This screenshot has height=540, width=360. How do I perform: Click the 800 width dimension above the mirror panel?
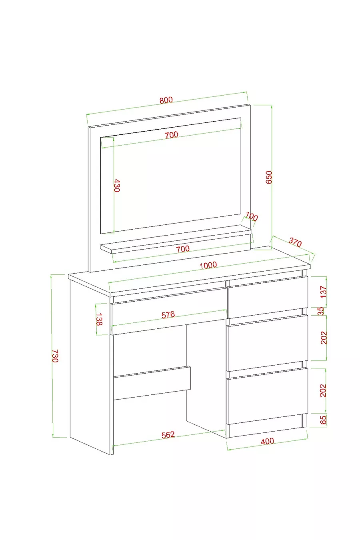(166, 100)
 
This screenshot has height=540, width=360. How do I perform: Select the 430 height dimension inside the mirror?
(117, 185)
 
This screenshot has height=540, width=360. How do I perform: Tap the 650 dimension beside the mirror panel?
(269, 177)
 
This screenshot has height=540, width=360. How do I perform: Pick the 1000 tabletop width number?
(208, 265)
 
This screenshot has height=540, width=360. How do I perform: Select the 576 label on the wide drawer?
(168, 314)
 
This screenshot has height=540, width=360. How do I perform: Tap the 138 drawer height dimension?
(99, 319)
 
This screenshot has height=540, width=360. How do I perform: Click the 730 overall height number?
(55, 356)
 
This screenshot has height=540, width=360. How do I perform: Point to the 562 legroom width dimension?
(168, 434)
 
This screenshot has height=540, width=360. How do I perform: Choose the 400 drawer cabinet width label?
(268, 441)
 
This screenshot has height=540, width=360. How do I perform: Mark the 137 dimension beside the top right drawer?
(323, 292)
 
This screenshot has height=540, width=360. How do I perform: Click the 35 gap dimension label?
(321, 311)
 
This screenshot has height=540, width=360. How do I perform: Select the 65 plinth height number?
(323, 420)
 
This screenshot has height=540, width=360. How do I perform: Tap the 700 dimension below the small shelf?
(183, 249)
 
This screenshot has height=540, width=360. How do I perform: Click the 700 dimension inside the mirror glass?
(172, 134)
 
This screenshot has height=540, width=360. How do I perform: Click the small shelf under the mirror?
(176, 239)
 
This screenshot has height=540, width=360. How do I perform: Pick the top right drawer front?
(268, 297)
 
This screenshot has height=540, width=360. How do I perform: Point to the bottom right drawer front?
(267, 396)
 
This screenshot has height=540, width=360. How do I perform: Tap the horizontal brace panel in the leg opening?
(152, 383)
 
